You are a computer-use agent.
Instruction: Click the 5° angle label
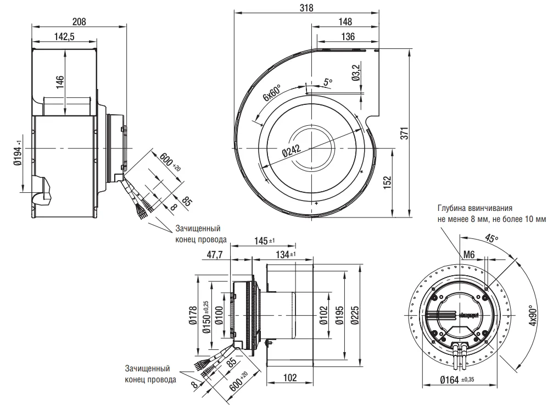click(x=328, y=82)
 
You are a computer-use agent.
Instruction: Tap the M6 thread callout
click(x=469, y=254)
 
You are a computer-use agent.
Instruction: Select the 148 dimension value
click(x=345, y=22)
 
